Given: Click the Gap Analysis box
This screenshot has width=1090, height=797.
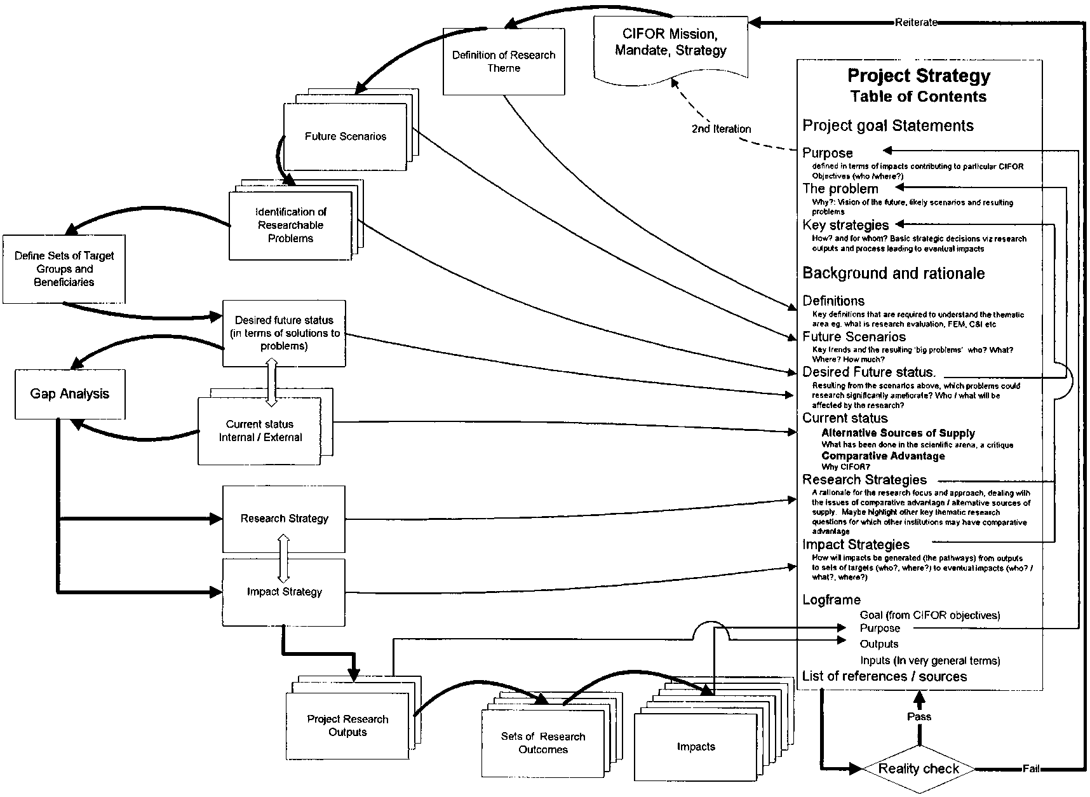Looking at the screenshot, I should point(70,394).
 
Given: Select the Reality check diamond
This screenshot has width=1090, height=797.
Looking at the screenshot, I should point(918,769).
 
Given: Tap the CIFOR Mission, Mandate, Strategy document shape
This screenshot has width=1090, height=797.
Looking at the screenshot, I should point(670,43).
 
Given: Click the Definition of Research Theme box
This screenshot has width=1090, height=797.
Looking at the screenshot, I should point(504,62).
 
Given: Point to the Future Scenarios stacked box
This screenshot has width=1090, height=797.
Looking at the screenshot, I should point(345,137).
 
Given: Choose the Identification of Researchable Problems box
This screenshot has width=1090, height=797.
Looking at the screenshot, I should point(290,225).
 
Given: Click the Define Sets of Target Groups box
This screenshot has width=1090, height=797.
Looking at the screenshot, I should point(64,269).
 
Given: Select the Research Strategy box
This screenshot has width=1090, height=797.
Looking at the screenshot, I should point(284,519).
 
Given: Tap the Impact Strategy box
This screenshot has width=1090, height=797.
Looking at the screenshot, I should point(284,592).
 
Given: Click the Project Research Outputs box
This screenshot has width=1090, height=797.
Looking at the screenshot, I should point(347,725).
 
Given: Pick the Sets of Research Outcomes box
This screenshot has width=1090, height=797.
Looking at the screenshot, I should point(542,743).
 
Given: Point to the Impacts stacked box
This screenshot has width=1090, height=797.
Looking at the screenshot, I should point(696,747).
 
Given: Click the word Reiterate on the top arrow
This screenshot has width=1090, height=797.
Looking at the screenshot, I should point(916,22).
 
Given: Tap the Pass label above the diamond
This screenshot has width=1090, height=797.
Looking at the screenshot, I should point(918,716).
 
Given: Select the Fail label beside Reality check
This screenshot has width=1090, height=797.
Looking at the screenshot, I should point(1030,769).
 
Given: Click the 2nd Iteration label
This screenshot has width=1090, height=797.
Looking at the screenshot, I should point(721,129).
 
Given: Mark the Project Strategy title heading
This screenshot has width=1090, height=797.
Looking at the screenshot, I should point(918,76).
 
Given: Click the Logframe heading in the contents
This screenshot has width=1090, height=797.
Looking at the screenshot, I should point(831,600).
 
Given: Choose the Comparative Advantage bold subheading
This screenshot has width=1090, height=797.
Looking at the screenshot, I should point(883,456).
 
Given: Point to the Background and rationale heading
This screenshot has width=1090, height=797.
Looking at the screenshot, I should point(894,274).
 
